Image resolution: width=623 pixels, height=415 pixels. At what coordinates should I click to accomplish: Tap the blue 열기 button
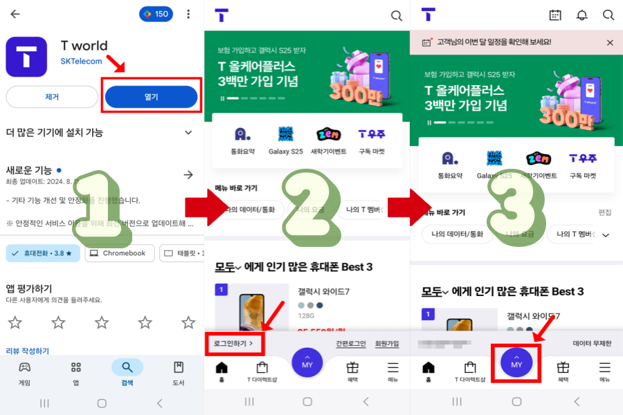coord(152,97)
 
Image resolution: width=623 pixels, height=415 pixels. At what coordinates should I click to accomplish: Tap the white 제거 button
coord(52,97)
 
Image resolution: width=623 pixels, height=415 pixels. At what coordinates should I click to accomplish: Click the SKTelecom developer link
coord(81,62)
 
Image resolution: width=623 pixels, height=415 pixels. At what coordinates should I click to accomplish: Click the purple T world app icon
coord(26,56)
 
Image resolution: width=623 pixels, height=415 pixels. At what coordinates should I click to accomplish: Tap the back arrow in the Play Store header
coord(15,14)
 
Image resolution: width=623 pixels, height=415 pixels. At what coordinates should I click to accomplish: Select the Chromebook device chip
coord(120,253)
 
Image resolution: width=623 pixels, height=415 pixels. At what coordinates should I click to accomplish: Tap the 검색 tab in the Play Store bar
coord(127,372)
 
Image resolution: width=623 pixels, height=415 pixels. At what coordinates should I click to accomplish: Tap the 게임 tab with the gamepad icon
coord(24,372)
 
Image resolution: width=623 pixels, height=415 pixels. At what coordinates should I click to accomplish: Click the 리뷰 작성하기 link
coord(28,351)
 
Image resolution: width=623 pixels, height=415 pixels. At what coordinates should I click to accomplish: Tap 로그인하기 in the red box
coord(233,343)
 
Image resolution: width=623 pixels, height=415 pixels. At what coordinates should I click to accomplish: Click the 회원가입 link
coord(387,343)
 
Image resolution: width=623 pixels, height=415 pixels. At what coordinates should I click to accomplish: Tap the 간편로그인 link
coord(351,343)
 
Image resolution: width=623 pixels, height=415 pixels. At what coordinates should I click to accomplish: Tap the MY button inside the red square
coord(516,363)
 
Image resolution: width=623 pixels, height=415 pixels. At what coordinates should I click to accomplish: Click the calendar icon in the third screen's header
coord(555,15)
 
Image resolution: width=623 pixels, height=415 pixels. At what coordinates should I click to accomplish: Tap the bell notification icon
coord(582,15)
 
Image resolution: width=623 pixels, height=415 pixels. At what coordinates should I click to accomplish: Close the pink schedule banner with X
coord(610,42)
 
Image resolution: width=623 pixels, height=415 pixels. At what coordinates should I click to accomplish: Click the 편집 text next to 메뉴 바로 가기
coord(605,212)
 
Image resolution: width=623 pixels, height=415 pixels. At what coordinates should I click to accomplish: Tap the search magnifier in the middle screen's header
coord(396,15)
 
